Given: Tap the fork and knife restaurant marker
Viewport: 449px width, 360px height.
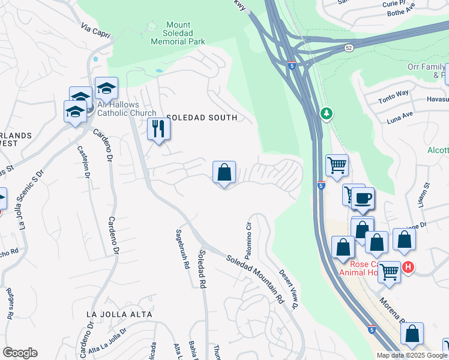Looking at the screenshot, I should click(158, 130).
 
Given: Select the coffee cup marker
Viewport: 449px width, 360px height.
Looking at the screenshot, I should click(363, 199).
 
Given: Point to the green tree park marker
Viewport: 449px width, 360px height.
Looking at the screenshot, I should click(326, 113).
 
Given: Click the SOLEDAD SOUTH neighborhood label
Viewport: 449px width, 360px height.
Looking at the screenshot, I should click(202, 118).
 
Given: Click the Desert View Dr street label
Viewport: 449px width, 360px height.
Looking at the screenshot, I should click(289, 289).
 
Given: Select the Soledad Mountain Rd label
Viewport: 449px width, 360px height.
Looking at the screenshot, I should click(255, 279).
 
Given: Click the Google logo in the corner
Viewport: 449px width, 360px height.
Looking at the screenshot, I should click(20, 353).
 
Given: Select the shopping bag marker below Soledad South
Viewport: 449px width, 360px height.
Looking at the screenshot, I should click(224, 173).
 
